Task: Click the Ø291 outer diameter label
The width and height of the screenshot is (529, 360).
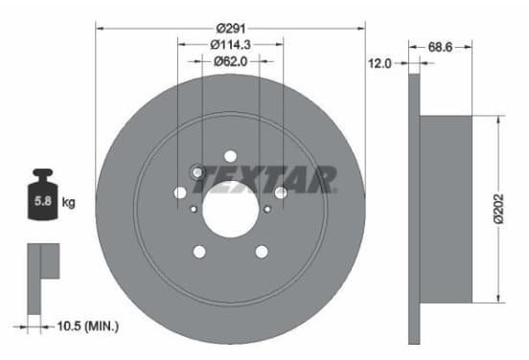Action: tap(231, 29)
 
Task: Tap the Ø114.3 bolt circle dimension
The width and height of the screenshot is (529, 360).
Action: tap(230, 44)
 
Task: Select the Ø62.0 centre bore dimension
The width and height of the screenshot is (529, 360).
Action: tap(230, 61)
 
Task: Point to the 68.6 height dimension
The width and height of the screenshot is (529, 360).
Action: tap(440, 47)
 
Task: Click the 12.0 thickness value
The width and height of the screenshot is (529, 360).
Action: tap(379, 63)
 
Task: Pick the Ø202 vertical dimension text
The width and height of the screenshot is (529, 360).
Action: tap(498, 209)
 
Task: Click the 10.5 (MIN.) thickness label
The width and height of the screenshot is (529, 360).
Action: tap(88, 326)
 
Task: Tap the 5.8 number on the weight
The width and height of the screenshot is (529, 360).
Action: tap(43, 201)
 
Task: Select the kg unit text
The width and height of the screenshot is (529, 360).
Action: tap(68, 203)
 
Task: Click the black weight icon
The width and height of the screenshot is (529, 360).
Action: tap(42, 194)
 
